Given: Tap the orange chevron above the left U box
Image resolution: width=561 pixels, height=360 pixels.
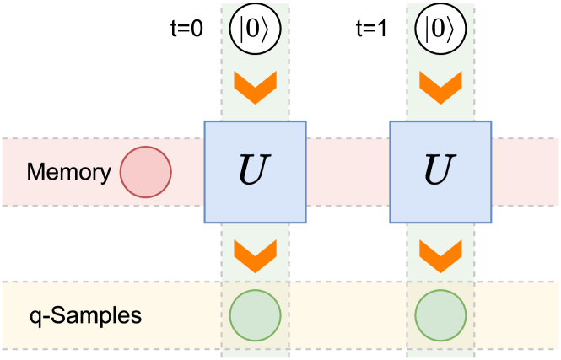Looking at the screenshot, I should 255,88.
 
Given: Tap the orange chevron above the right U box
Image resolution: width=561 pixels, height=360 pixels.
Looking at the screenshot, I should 440,88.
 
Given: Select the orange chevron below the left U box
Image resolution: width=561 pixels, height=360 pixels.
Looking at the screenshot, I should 255,250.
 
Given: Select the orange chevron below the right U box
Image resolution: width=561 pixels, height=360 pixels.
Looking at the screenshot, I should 440,250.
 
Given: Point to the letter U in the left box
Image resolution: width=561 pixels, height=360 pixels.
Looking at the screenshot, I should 255,172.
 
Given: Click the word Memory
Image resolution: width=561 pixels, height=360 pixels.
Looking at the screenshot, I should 68,173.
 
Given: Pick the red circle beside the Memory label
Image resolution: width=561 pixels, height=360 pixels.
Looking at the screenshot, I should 146,172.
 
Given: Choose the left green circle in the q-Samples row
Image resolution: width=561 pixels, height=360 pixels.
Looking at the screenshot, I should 255,315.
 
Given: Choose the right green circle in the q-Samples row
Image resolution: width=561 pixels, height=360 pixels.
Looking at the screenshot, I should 440,315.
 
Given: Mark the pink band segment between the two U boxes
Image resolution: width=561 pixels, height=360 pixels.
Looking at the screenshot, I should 348,172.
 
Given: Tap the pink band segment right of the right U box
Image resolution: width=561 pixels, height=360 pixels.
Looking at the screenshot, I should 526,172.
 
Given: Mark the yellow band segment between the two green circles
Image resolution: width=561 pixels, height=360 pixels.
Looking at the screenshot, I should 348,315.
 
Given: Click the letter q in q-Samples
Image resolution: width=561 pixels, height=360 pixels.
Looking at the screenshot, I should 35,318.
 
